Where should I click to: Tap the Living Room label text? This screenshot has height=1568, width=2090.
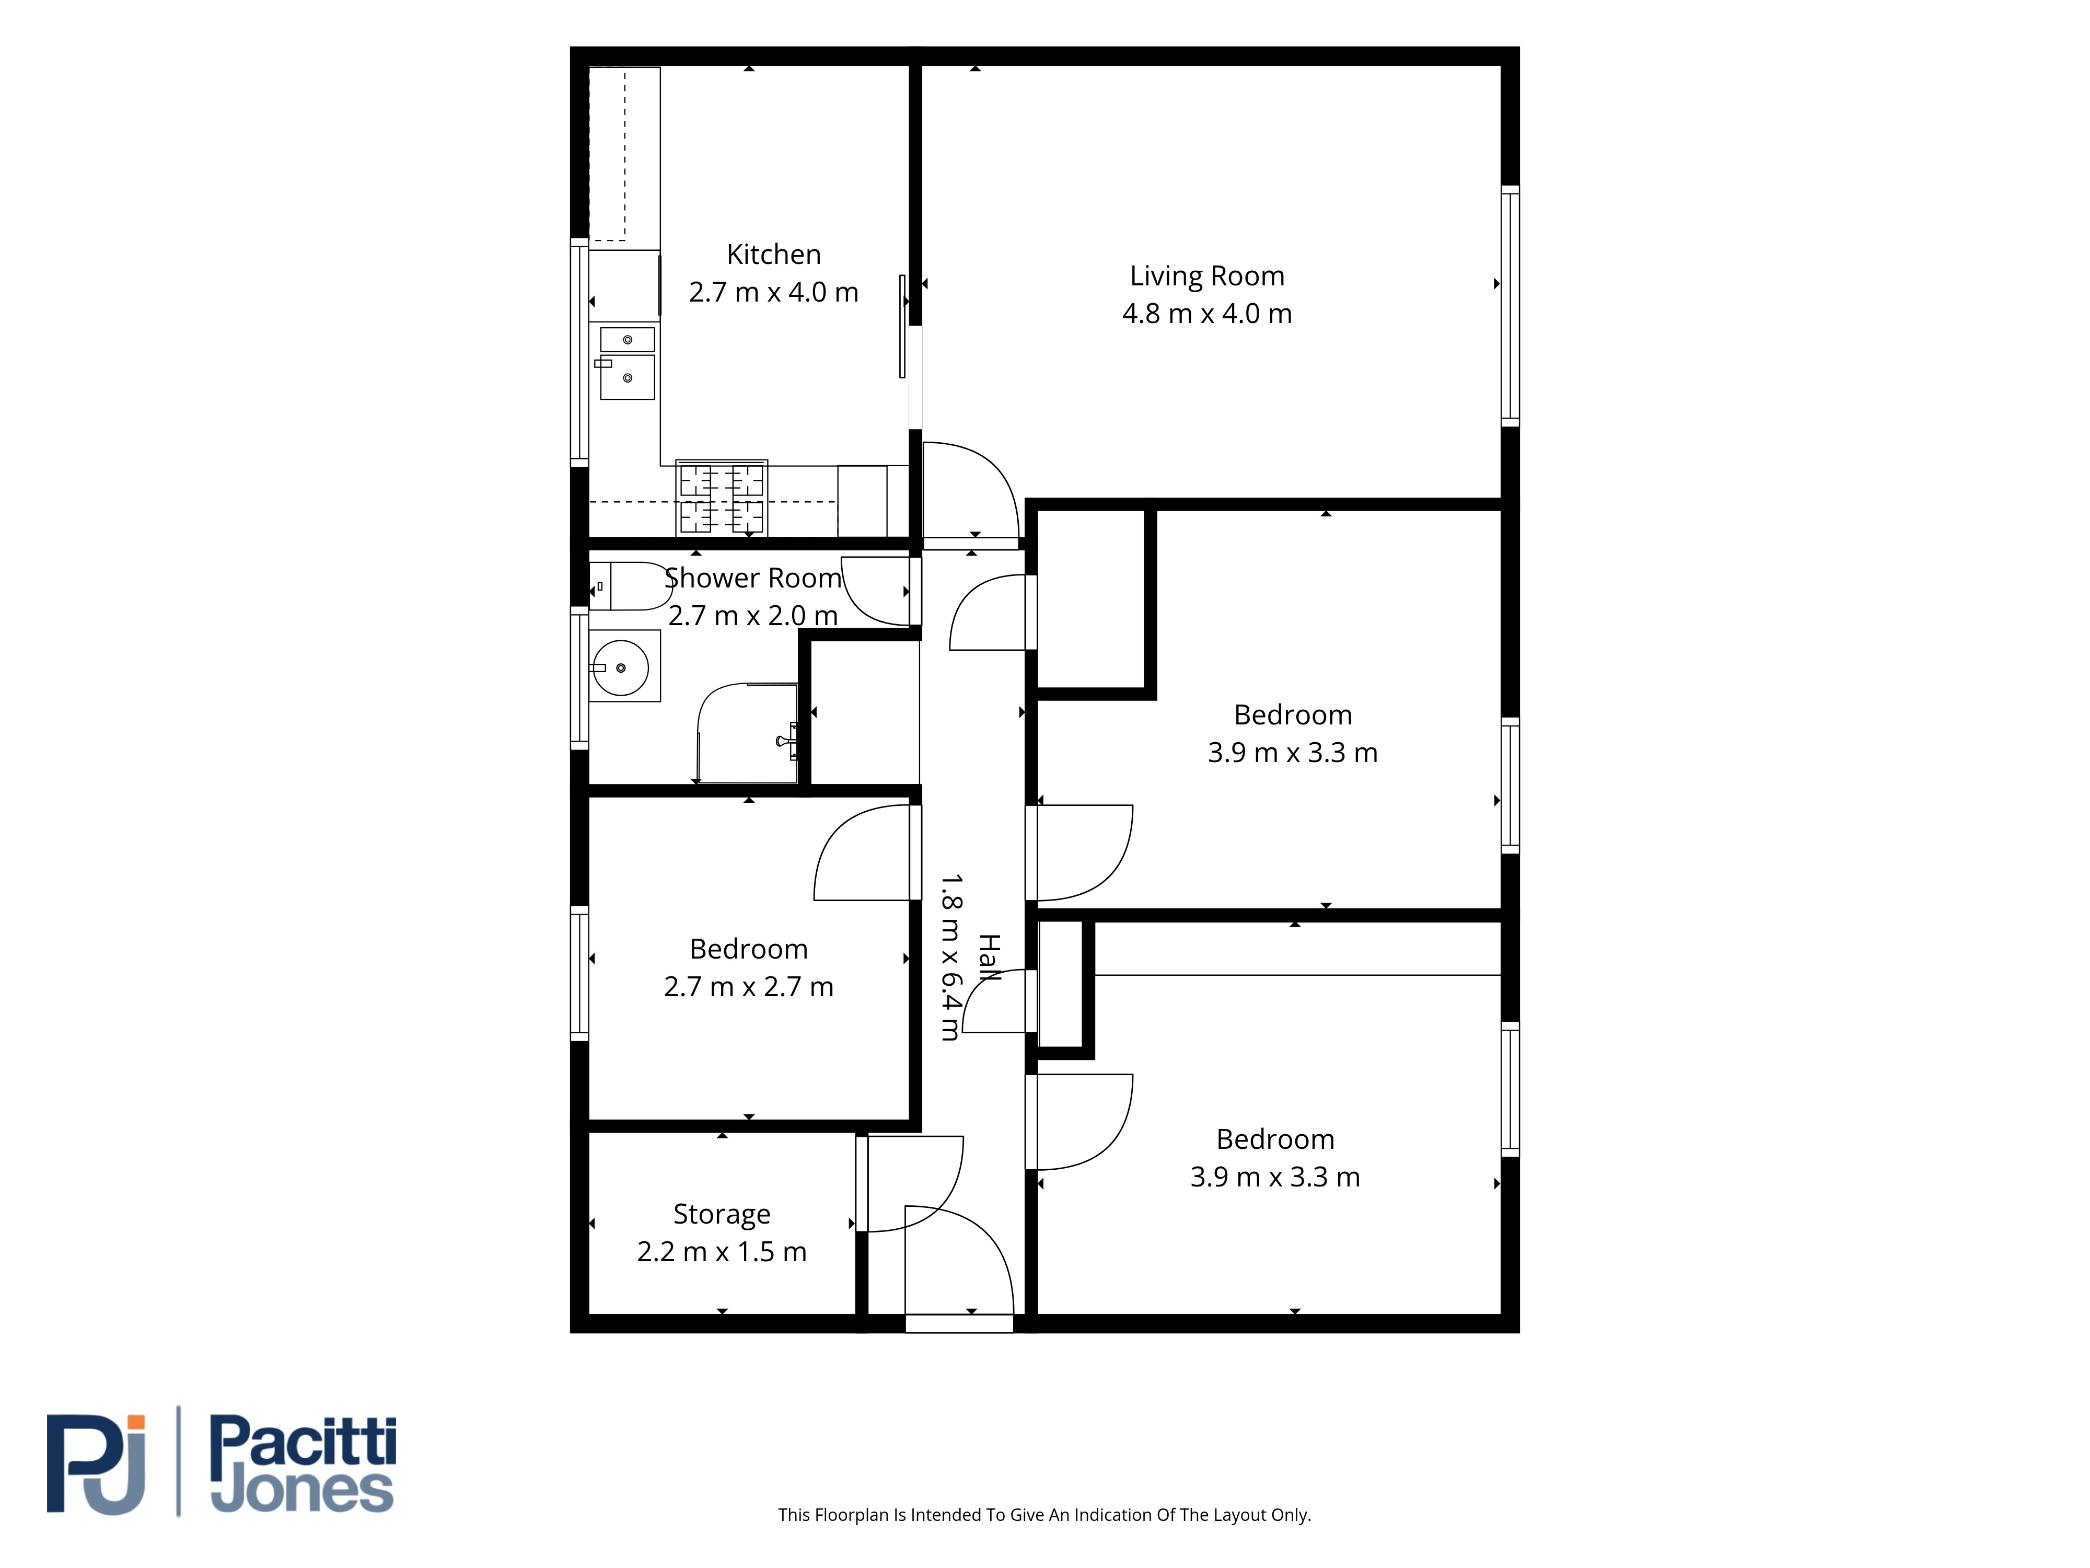[1206, 276]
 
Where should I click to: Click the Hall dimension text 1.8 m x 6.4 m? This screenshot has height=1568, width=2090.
[950, 958]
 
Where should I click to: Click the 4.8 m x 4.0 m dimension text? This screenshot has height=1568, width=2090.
[1206, 314]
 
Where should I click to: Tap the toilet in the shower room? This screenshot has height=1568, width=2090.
[630, 586]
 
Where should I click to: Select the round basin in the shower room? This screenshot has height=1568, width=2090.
[621, 667]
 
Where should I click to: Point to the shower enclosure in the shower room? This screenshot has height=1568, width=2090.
[747, 733]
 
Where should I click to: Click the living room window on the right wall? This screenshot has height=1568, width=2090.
[1510, 305]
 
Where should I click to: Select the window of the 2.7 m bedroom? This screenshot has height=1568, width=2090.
[579, 974]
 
